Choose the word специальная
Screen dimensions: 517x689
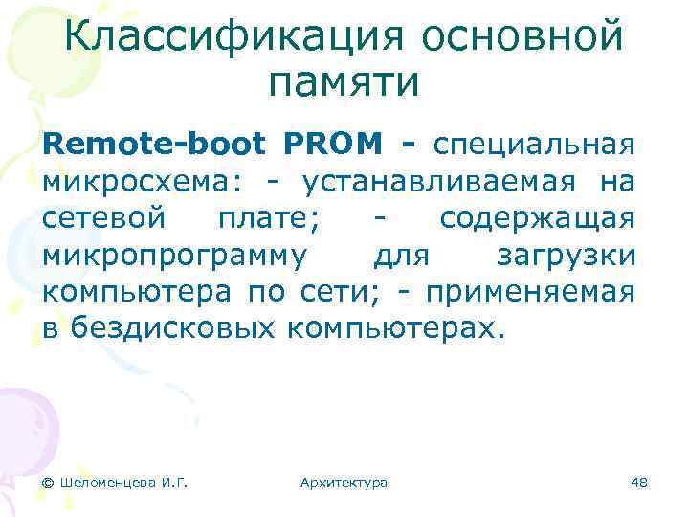tap(533, 146)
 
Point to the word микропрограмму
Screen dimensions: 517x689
tap(175, 256)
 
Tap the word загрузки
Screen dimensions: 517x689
tap(566, 256)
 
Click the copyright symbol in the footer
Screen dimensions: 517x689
tap(48, 483)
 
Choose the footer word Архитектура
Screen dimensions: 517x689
tap(344, 483)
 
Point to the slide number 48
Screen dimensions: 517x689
tap(639, 483)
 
